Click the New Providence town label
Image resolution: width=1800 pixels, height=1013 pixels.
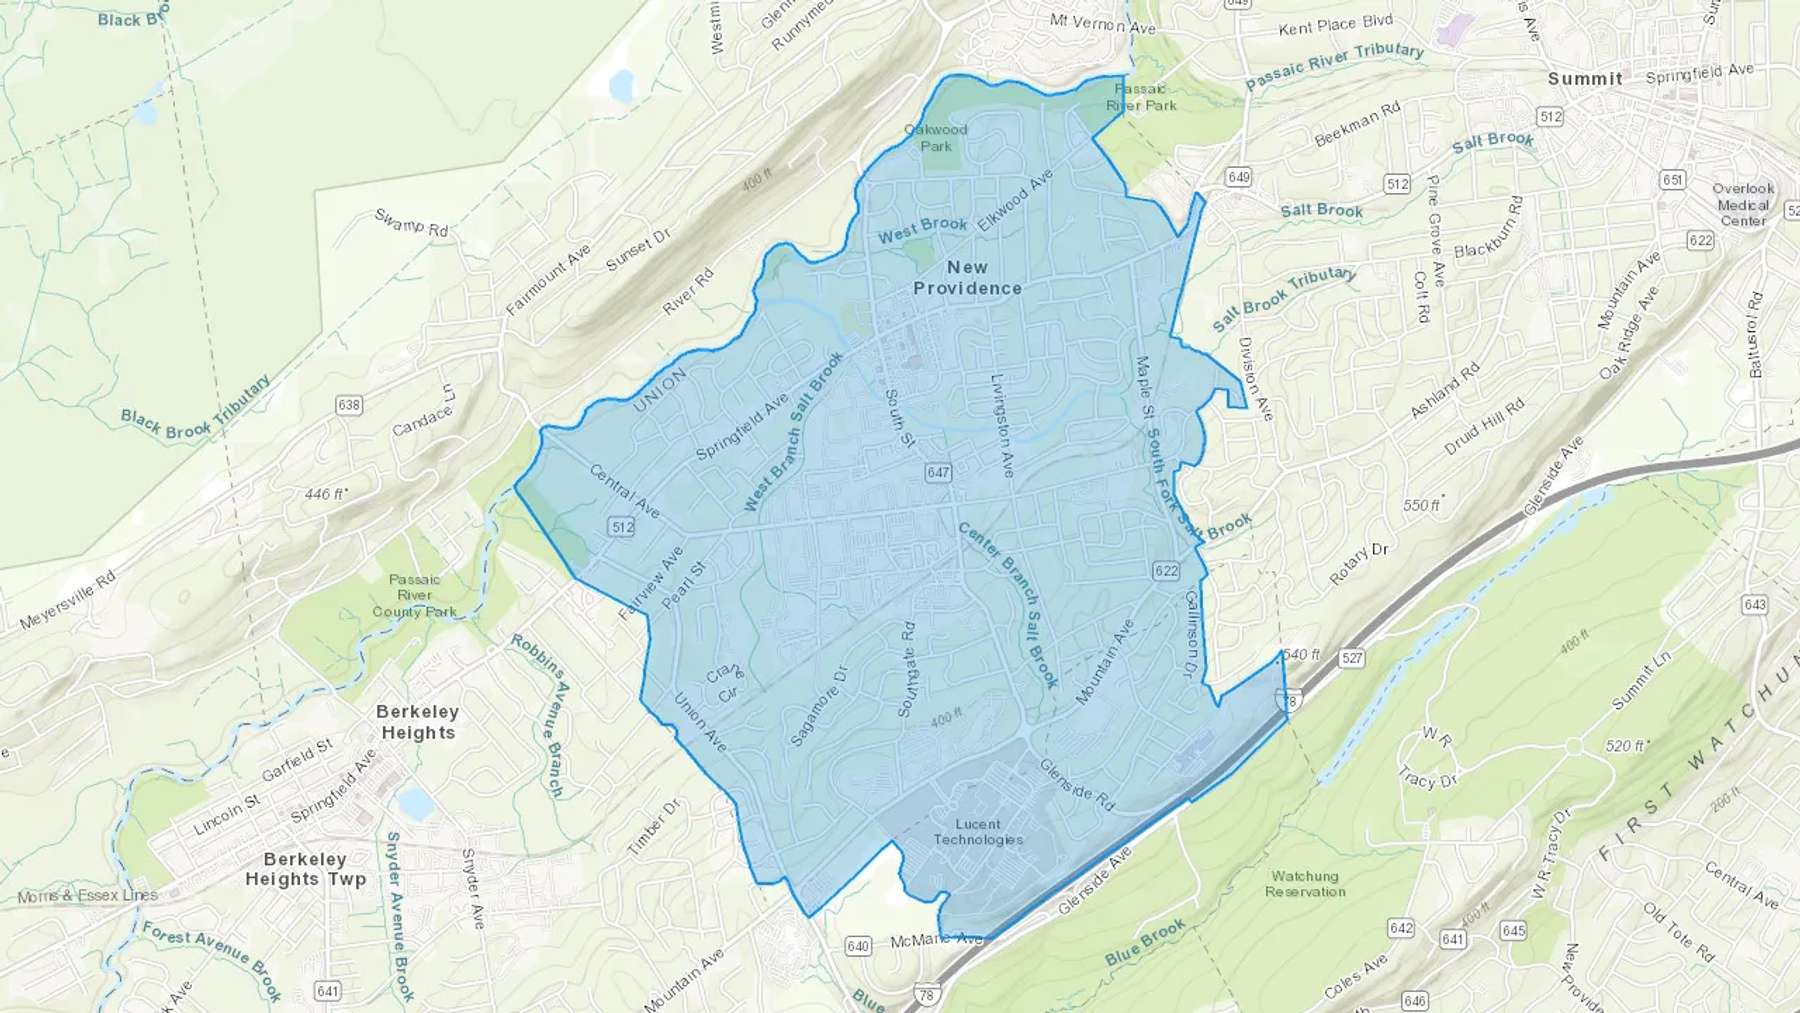967,278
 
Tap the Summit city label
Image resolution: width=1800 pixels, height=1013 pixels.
1585,79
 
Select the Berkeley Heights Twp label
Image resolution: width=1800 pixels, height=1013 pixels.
306,869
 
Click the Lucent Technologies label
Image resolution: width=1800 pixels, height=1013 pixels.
978,832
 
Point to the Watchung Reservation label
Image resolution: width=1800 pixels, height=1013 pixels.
1305,884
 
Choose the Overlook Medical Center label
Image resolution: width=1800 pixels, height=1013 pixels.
1743,204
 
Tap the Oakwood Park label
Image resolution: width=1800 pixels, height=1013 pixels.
936,138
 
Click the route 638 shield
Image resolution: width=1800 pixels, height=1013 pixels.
349,405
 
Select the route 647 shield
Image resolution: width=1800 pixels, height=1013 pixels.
938,473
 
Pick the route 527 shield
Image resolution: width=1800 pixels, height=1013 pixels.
1352,658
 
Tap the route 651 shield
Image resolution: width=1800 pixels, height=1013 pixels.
1672,180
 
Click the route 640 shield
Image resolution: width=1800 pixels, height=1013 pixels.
858,946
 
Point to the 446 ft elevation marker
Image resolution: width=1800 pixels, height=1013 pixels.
325,494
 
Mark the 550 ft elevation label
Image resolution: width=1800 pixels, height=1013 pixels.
1422,505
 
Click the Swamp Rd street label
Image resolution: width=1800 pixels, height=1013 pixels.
411,223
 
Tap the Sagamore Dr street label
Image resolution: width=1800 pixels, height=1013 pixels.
818,706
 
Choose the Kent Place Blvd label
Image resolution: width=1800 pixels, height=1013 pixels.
1335,25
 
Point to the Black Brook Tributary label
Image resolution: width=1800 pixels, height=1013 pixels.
196,408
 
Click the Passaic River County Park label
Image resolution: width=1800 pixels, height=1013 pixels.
414,596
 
